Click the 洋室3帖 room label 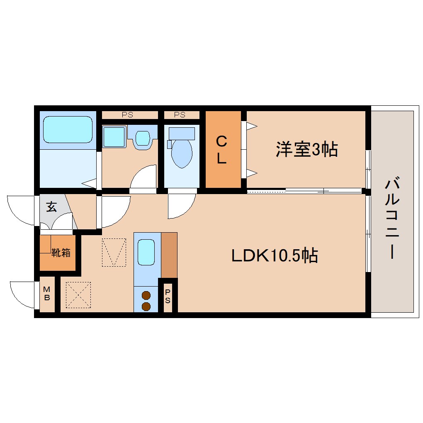(x=306, y=149)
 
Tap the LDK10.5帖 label (x=274, y=256)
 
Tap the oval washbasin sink (x=142, y=138)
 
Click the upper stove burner (x=146, y=296)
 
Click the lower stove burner (x=146, y=306)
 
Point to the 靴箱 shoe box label (x=61, y=252)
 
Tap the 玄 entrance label (x=51, y=207)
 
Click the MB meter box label (x=47, y=294)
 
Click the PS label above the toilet (x=180, y=115)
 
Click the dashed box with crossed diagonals (x=78, y=295)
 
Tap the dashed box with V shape (x=114, y=252)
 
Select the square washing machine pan (x=113, y=136)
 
